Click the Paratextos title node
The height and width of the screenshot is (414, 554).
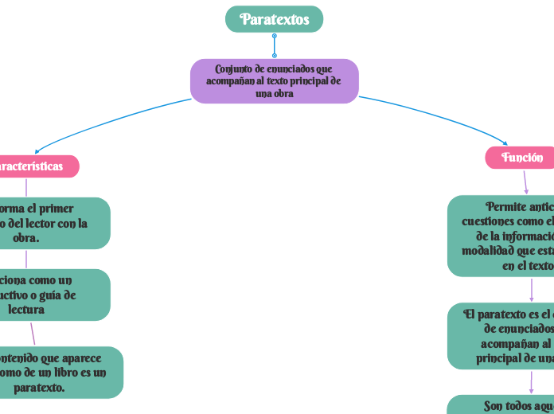(274, 19)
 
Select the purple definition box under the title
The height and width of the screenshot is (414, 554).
(274, 80)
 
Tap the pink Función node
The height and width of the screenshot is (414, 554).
(521, 158)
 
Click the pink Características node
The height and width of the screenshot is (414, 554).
(36, 166)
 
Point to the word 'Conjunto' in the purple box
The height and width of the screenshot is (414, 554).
(232, 69)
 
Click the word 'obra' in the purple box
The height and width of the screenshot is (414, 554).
(283, 93)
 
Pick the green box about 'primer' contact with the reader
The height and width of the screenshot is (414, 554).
(52, 223)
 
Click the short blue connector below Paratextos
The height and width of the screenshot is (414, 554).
(274, 45)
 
